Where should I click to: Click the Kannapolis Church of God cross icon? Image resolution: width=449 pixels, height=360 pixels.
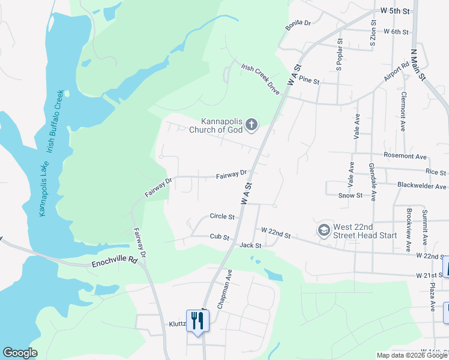pos(252,125)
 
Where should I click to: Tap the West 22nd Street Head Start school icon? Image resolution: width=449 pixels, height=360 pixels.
pos(324,230)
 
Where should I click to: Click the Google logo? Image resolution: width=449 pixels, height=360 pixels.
pos(20,353)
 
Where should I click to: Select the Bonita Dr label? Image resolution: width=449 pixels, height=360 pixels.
pos(298,23)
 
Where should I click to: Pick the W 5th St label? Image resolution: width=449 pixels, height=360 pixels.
pos(394,11)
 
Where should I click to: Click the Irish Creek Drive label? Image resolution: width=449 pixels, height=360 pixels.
pos(261,79)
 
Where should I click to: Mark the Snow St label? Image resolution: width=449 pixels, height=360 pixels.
pos(351,195)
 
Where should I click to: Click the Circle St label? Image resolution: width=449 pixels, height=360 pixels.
pos(221,216)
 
